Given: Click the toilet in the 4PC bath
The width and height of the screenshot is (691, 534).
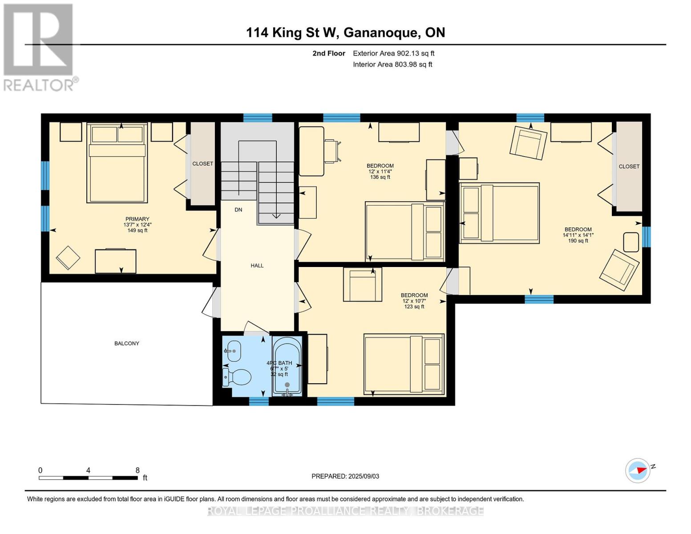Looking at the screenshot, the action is click(237, 377).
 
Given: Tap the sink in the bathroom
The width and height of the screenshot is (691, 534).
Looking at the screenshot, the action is click(232, 351).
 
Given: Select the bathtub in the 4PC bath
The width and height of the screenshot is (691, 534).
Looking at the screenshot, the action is click(287, 367).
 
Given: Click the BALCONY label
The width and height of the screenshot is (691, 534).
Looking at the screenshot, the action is click(126, 343).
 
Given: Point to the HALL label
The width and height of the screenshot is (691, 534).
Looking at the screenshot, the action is click(257, 266).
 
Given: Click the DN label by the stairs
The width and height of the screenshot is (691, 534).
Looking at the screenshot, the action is click(238, 210).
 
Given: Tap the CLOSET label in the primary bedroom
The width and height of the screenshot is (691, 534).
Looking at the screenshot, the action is click(202, 163).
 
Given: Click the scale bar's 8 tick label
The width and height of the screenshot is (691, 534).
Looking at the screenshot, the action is click(137, 470).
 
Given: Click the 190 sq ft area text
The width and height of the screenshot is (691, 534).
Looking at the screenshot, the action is click(578, 241).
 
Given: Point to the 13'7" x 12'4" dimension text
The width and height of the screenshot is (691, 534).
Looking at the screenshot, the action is click(137, 225).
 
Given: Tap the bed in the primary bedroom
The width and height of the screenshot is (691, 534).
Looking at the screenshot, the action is click(117, 163).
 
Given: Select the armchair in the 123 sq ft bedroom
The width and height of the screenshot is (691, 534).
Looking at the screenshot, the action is click(363, 284).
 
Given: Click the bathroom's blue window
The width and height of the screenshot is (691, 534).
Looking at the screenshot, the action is click(259, 401).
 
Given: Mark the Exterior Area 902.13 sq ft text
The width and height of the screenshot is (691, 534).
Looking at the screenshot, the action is click(394, 53).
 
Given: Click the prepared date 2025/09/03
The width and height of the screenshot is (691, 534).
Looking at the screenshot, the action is click(364, 476).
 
